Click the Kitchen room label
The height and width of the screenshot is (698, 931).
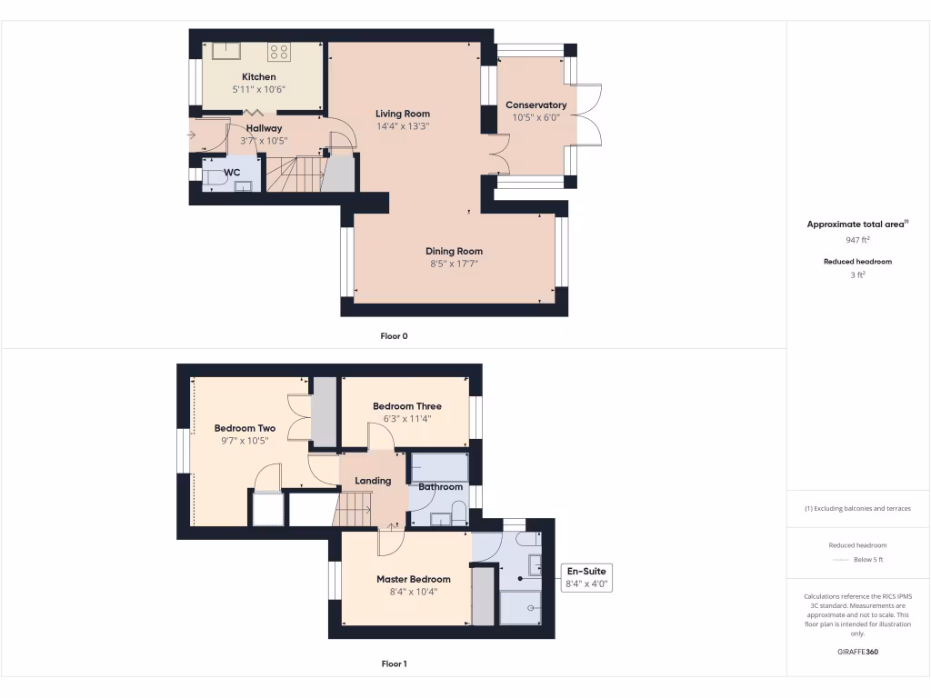coord(258,77)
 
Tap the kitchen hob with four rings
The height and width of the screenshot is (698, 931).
coord(278,52)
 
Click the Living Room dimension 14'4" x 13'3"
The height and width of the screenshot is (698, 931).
coord(403,126)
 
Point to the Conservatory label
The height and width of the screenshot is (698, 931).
coord(536,105)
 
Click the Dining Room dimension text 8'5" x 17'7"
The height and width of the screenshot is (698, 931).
coord(454,264)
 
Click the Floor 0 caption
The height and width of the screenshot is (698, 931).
coord(394,336)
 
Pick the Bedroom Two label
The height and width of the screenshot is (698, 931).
coord(245,428)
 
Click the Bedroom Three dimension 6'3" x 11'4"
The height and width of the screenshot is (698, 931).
coord(406,419)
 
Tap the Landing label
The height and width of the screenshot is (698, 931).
coord(373,481)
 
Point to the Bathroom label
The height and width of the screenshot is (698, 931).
coord(441,487)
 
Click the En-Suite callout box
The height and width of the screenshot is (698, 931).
coord(587,577)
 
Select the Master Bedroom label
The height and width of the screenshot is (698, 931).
coord(413,579)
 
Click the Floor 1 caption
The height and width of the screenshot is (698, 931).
coord(394,664)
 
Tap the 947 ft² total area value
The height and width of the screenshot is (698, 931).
coord(857,240)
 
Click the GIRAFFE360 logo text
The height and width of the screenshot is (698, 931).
coord(857,652)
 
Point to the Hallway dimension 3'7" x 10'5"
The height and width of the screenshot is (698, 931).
coord(263,141)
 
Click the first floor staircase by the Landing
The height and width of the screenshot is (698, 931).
coord(354,510)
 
